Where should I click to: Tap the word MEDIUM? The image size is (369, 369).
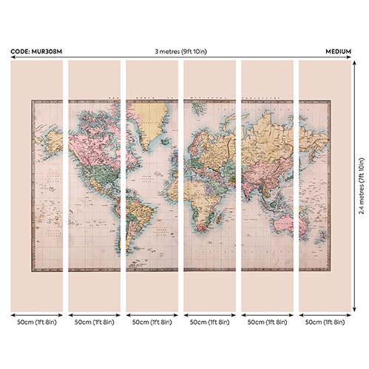pos(338,53)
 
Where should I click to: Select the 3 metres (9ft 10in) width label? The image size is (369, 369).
pos(182,53)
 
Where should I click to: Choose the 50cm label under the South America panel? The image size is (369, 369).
pos(152,323)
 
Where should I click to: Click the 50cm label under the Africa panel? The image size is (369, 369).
pos(209,323)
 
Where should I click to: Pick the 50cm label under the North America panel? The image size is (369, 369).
pos(95,323)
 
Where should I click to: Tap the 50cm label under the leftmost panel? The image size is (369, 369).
pos(37,323)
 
